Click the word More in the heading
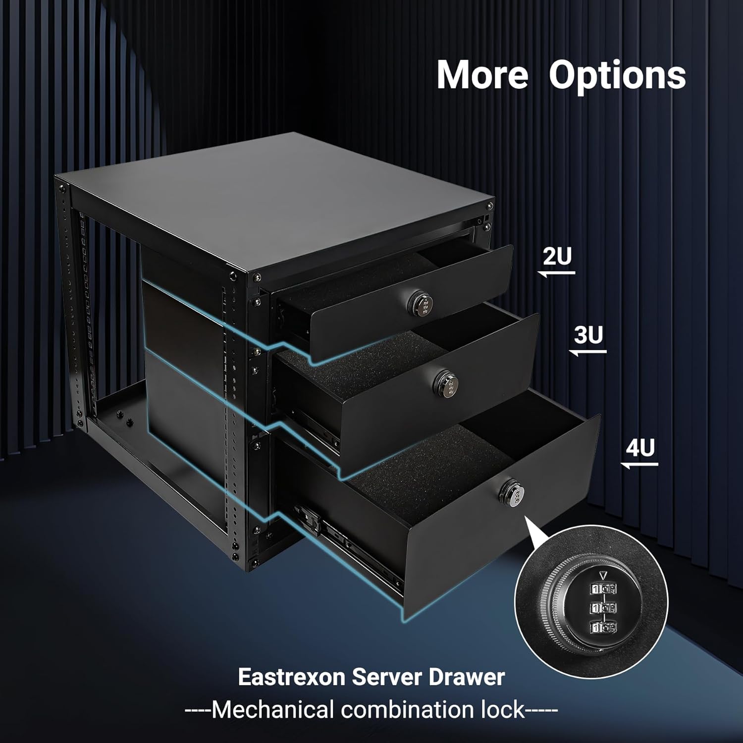(482, 75)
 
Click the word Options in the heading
(617, 75)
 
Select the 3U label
(589, 335)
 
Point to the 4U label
(640, 448)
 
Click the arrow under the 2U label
(557, 272)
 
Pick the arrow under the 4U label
(639, 465)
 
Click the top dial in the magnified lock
(602, 589)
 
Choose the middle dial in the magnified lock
(602, 608)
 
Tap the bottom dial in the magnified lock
(602, 628)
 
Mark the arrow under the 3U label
(588, 352)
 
